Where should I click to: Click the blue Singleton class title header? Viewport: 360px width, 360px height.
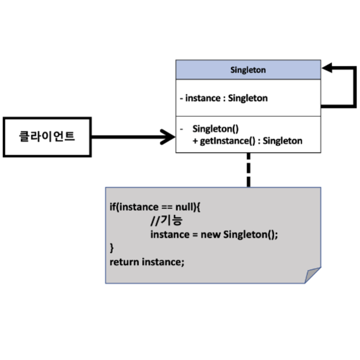248,70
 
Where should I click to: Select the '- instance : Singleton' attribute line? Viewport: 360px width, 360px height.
223,98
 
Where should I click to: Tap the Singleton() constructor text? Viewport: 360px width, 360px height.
215,128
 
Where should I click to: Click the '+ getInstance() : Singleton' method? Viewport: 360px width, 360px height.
247,141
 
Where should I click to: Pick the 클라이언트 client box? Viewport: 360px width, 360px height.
47,137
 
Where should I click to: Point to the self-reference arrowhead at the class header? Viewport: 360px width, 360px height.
328,69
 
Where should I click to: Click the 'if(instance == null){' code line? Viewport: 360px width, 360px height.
155,206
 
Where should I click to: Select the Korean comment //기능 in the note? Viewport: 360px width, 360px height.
166,221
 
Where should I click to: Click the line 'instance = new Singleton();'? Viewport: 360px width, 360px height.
214,235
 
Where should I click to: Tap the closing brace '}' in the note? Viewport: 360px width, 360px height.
112,248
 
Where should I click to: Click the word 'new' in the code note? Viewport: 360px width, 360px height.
211,235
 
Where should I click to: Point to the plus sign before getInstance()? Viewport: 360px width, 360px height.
195,141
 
